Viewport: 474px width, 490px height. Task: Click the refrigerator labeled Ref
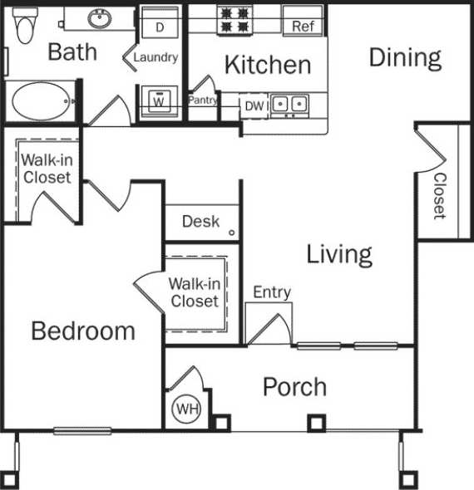pos(304,26)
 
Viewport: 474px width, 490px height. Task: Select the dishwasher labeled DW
pos(254,105)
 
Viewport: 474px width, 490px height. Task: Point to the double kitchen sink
pos(290,105)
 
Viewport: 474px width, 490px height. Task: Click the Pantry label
pos(203,100)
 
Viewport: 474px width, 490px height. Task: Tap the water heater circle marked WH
pos(186,409)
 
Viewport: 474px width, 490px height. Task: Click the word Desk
pos(200,221)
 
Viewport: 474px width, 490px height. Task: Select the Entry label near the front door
pos(272,292)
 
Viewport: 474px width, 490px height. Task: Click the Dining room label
pos(404,57)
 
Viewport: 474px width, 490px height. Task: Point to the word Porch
pos(294,387)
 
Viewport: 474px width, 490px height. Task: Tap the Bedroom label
pos(83,331)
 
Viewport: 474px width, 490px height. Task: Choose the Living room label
pos(339,253)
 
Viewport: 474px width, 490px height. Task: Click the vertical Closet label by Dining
pos(439,196)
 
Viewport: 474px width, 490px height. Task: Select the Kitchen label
pos(268,64)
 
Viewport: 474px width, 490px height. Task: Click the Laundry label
pos(156,57)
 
